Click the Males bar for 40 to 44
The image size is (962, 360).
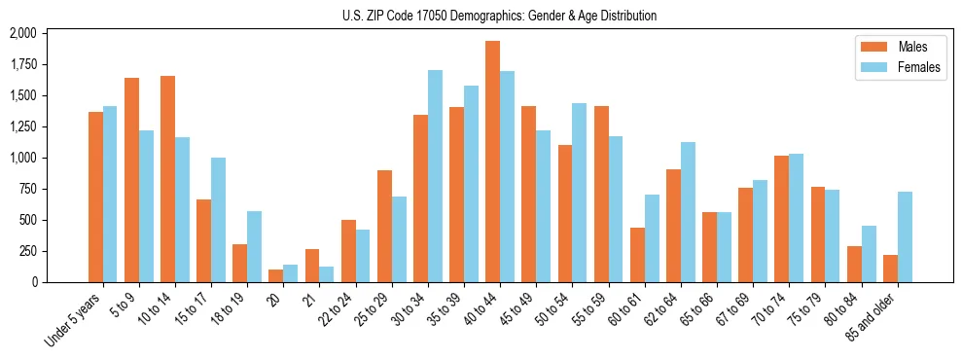pyautogui.click(x=493, y=162)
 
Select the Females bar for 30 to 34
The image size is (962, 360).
pyautogui.click(x=435, y=176)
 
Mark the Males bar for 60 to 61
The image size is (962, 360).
pyautogui.click(x=637, y=255)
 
